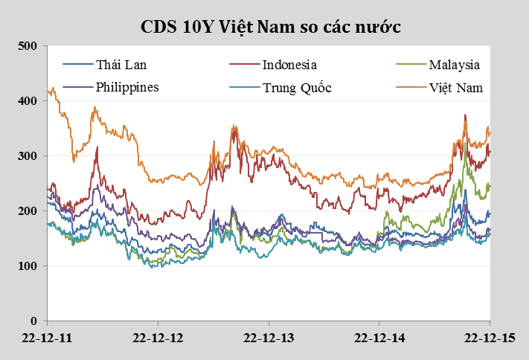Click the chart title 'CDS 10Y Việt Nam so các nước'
272,27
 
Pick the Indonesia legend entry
289,65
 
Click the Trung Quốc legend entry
296,88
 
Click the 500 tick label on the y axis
28,46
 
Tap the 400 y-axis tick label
28,101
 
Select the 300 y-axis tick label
28,156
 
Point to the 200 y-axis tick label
28,211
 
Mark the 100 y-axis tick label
28,266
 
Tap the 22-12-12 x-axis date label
158,338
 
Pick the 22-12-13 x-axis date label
269,338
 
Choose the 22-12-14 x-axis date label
379,338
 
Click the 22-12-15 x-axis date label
489,338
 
